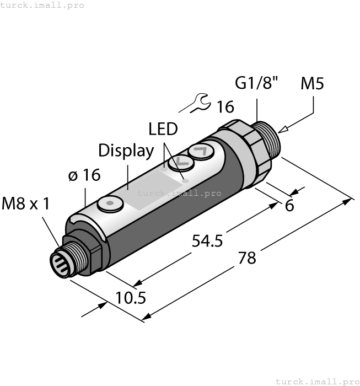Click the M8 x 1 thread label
pos(25,204)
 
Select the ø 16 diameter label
pos(84,175)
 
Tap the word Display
pos(126,151)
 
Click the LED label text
pos(163,129)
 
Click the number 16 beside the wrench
pos(225,106)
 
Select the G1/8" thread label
pos(257,84)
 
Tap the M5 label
pos(313,84)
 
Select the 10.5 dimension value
pos(131,298)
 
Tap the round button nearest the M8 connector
pos(110,204)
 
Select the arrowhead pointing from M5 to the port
pos(283,130)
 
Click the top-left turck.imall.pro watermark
pos(42,5)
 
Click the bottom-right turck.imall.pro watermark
pos(316,381)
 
